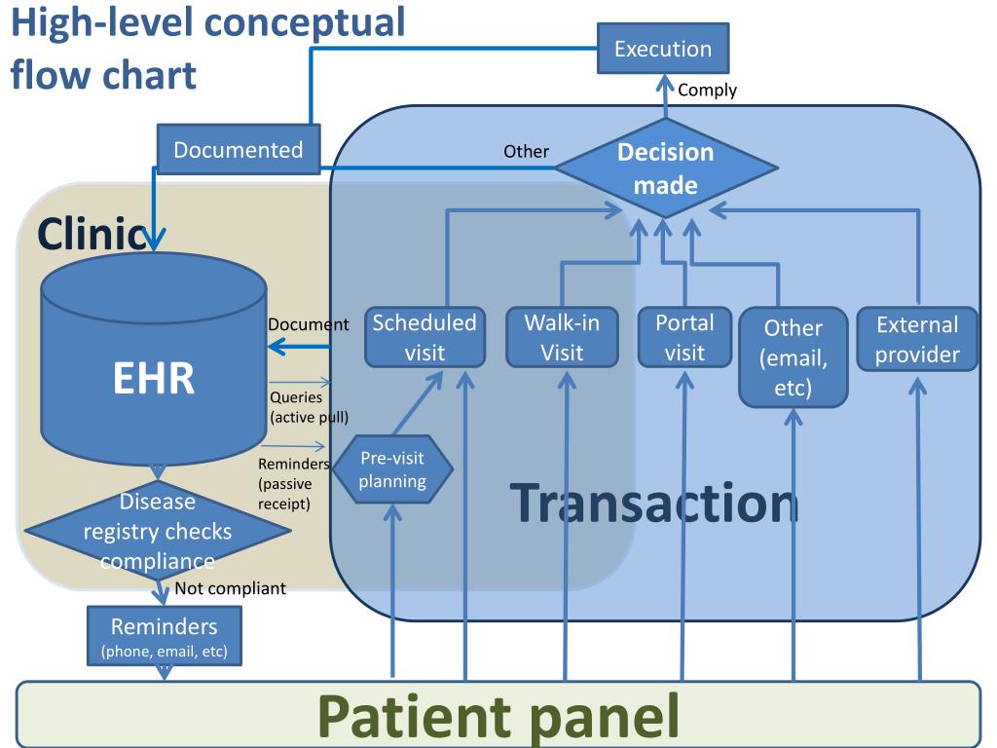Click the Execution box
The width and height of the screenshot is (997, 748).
(662, 49)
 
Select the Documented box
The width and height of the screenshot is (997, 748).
(239, 149)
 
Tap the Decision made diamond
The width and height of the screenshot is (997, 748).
(666, 168)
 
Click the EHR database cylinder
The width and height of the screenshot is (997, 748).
(154, 358)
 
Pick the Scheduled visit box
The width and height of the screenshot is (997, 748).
(425, 337)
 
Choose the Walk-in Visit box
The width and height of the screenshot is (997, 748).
(562, 337)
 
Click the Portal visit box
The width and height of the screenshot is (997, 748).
(684, 337)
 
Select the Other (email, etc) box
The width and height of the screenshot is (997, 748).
(794, 357)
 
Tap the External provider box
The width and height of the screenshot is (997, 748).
(917, 339)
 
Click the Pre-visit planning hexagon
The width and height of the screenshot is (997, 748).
(392, 469)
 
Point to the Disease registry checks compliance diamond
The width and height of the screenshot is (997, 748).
(158, 531)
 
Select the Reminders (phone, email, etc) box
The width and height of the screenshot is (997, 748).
(164, 635)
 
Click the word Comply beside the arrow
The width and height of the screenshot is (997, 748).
(707, 91)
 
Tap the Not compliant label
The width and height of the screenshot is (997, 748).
(230, 588)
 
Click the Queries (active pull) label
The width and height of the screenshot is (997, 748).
(309, 407)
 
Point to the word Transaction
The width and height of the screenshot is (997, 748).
(654, 504)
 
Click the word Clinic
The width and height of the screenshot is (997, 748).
(93, 234)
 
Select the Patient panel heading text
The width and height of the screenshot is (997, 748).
(498, 716)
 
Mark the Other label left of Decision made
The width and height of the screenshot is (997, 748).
(526, 151)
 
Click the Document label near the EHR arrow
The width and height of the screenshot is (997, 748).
(309, 324)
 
